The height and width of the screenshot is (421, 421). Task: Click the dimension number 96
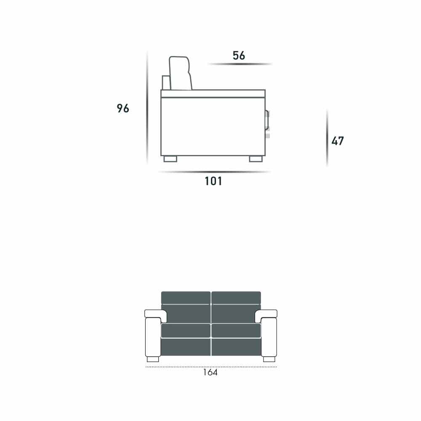tap(123, 108)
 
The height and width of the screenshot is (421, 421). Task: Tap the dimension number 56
tap(239, 55)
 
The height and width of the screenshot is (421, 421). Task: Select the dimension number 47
tap(338, 141)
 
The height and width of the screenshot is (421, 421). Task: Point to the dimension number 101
tap(213, 181)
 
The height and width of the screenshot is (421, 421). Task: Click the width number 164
tap(210, 372)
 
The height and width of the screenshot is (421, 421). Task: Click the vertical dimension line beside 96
tap(147, 107)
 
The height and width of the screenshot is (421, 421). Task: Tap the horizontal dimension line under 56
tap(240, 64)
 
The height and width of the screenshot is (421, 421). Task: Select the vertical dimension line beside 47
tap(327, 138)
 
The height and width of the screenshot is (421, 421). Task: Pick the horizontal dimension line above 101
tap(215, 172)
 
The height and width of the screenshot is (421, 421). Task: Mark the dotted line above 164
tap(211, 367)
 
